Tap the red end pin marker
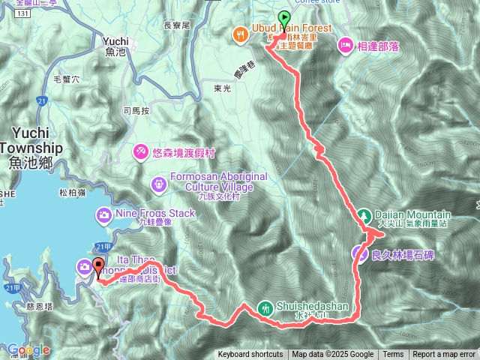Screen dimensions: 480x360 (97, 270)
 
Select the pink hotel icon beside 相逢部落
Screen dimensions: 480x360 (345, 44)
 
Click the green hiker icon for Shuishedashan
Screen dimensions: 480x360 (265, 307)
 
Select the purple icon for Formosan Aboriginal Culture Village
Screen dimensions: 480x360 (159, 183)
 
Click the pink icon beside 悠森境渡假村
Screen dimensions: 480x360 (140, 152)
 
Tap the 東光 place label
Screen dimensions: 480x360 (221, 88)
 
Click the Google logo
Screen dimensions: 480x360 (28, 350)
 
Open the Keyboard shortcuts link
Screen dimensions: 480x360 (250, 355)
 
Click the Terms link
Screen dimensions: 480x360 (393, 355)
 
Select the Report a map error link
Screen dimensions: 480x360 (444, 355)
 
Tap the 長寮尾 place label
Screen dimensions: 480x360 (178, 25)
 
